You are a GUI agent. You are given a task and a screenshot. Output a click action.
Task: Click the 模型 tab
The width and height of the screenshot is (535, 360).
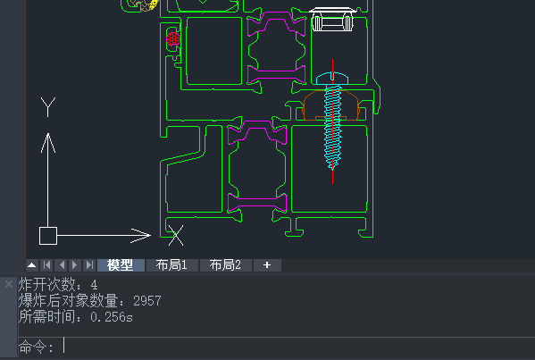pos(121,265)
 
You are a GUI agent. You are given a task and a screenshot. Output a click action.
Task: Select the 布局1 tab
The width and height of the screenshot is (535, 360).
pos(171,265)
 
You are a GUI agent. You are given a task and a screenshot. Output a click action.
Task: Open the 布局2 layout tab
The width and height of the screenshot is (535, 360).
pos(226,265)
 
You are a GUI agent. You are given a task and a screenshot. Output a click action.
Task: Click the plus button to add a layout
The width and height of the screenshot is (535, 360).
pos(267,265)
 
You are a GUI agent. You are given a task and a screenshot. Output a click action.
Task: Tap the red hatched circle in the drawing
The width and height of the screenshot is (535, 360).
pos(173,39)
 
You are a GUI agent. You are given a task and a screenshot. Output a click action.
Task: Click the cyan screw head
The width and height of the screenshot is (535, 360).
pos(332,79)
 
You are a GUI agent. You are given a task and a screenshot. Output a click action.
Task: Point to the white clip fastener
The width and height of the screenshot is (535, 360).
pos(332,19)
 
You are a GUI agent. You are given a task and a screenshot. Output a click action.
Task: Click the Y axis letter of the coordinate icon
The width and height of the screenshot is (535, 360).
pos(48,107)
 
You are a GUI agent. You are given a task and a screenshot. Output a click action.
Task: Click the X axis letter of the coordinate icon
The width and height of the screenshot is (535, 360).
pos(176,236)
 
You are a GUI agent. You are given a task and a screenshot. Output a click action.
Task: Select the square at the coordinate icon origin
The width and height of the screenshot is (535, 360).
pos(48,236)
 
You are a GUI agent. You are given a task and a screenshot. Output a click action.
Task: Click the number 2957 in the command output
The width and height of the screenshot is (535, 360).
pos(147,301)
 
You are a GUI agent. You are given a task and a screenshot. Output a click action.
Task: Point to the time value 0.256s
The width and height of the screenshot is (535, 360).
pos(112,317)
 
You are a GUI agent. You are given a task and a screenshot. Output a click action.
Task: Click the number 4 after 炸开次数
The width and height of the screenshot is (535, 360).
pos(94,285)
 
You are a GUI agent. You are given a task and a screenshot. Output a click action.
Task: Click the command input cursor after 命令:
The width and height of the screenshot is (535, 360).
pos(63,346)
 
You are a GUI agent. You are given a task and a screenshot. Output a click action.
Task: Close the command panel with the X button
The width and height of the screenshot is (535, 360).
pos(9,284)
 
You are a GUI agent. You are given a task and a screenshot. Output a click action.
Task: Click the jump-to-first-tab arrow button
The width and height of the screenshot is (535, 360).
pos(47,265)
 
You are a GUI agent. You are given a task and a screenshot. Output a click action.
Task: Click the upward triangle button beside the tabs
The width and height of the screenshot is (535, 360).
pos(32,265)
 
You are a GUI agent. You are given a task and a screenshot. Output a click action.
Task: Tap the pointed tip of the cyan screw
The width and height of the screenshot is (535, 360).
pos(332,169)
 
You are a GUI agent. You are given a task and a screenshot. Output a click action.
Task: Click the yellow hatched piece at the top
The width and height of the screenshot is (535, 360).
pos(154,4)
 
